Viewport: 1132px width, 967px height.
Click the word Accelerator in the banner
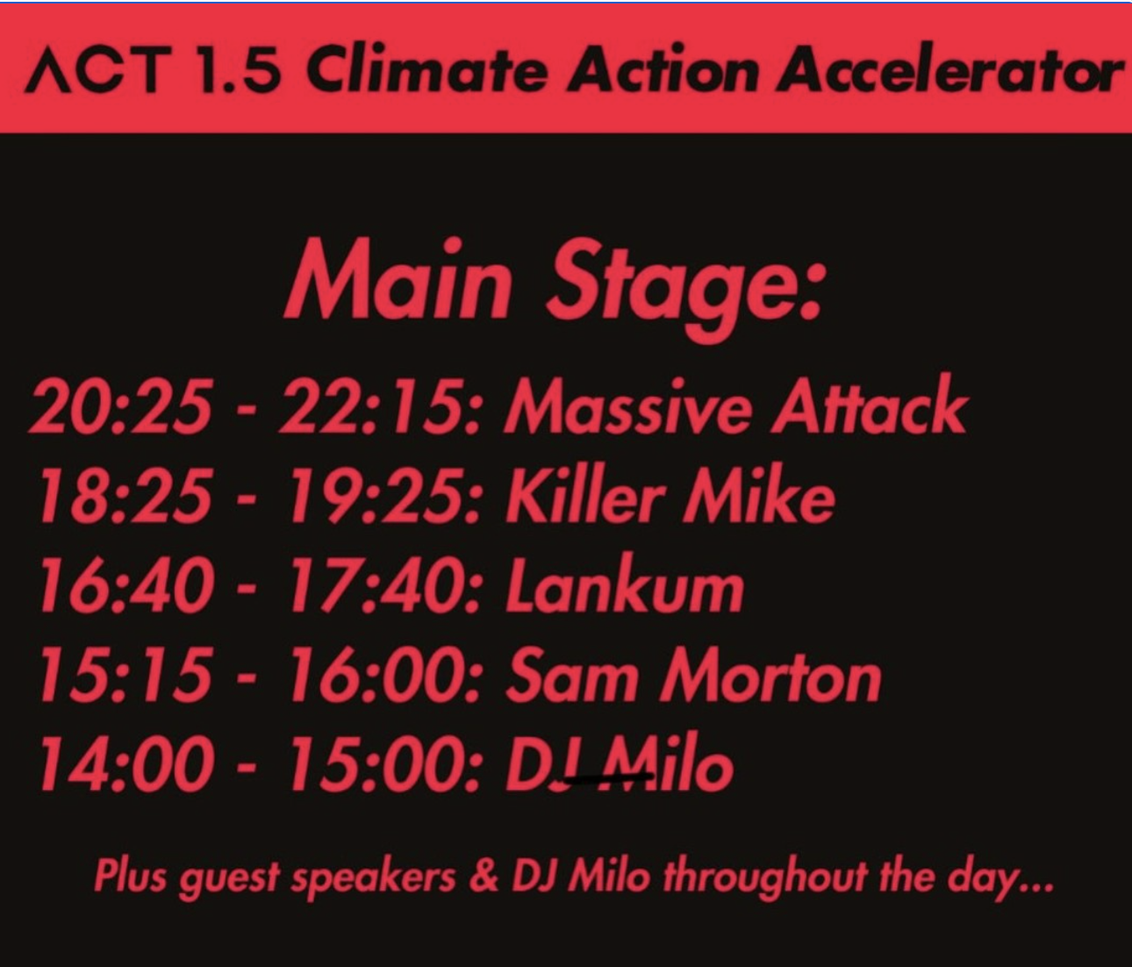949,72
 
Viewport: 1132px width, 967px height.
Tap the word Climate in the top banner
426,72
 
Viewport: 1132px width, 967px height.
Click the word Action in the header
662,72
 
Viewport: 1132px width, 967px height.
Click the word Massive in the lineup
626,406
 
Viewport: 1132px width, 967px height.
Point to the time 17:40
385,586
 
